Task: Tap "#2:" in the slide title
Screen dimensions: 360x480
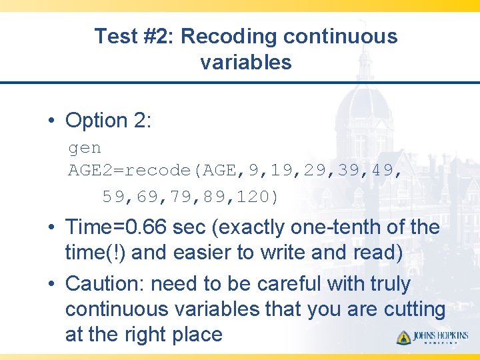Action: pos(157,37)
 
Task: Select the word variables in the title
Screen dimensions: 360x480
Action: pos(245,63)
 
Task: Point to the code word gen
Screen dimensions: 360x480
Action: pos(85,147)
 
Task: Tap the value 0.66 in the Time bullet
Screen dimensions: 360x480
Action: pos(149,227)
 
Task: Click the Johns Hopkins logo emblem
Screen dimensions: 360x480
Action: pos(403,337)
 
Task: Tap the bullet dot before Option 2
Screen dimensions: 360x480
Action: pos(51,121)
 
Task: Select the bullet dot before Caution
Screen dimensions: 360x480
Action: pos(51,285)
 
